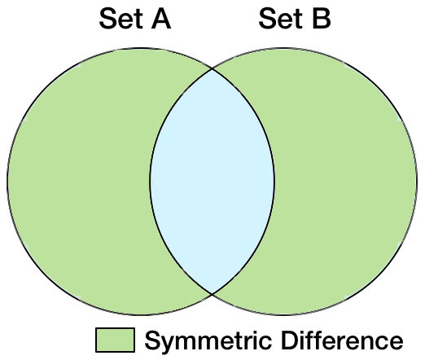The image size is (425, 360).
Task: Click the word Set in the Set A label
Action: [x=120, y=19]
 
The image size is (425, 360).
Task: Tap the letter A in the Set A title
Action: [x=161, y=19]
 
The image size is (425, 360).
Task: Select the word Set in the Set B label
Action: [x=280, y=19]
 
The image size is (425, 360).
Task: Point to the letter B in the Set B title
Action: [x=322, y=19]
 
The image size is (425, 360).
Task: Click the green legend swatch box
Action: [x=115, y=340]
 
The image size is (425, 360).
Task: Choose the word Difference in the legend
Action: [x=342, y=340]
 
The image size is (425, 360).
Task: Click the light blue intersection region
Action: [x=212, y=182]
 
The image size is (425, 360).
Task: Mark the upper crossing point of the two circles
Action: [x=212, y=69]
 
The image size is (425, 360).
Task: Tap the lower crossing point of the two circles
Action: [x=212, y=293]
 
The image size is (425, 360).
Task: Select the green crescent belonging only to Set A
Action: [x=79, y=182]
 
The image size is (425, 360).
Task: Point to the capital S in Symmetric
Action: [x=153, y=340]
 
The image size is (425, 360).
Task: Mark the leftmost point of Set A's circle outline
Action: [x=7, y=182]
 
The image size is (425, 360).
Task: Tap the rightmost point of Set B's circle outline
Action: [x=417, y=182]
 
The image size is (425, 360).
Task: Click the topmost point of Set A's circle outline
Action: [x=141, y=49]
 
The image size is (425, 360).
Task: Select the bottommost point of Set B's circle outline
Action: [x=283, y=314]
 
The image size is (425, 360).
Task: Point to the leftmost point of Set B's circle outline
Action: [x=150, y=182]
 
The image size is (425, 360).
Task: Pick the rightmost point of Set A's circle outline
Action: [x=274, y=182]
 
